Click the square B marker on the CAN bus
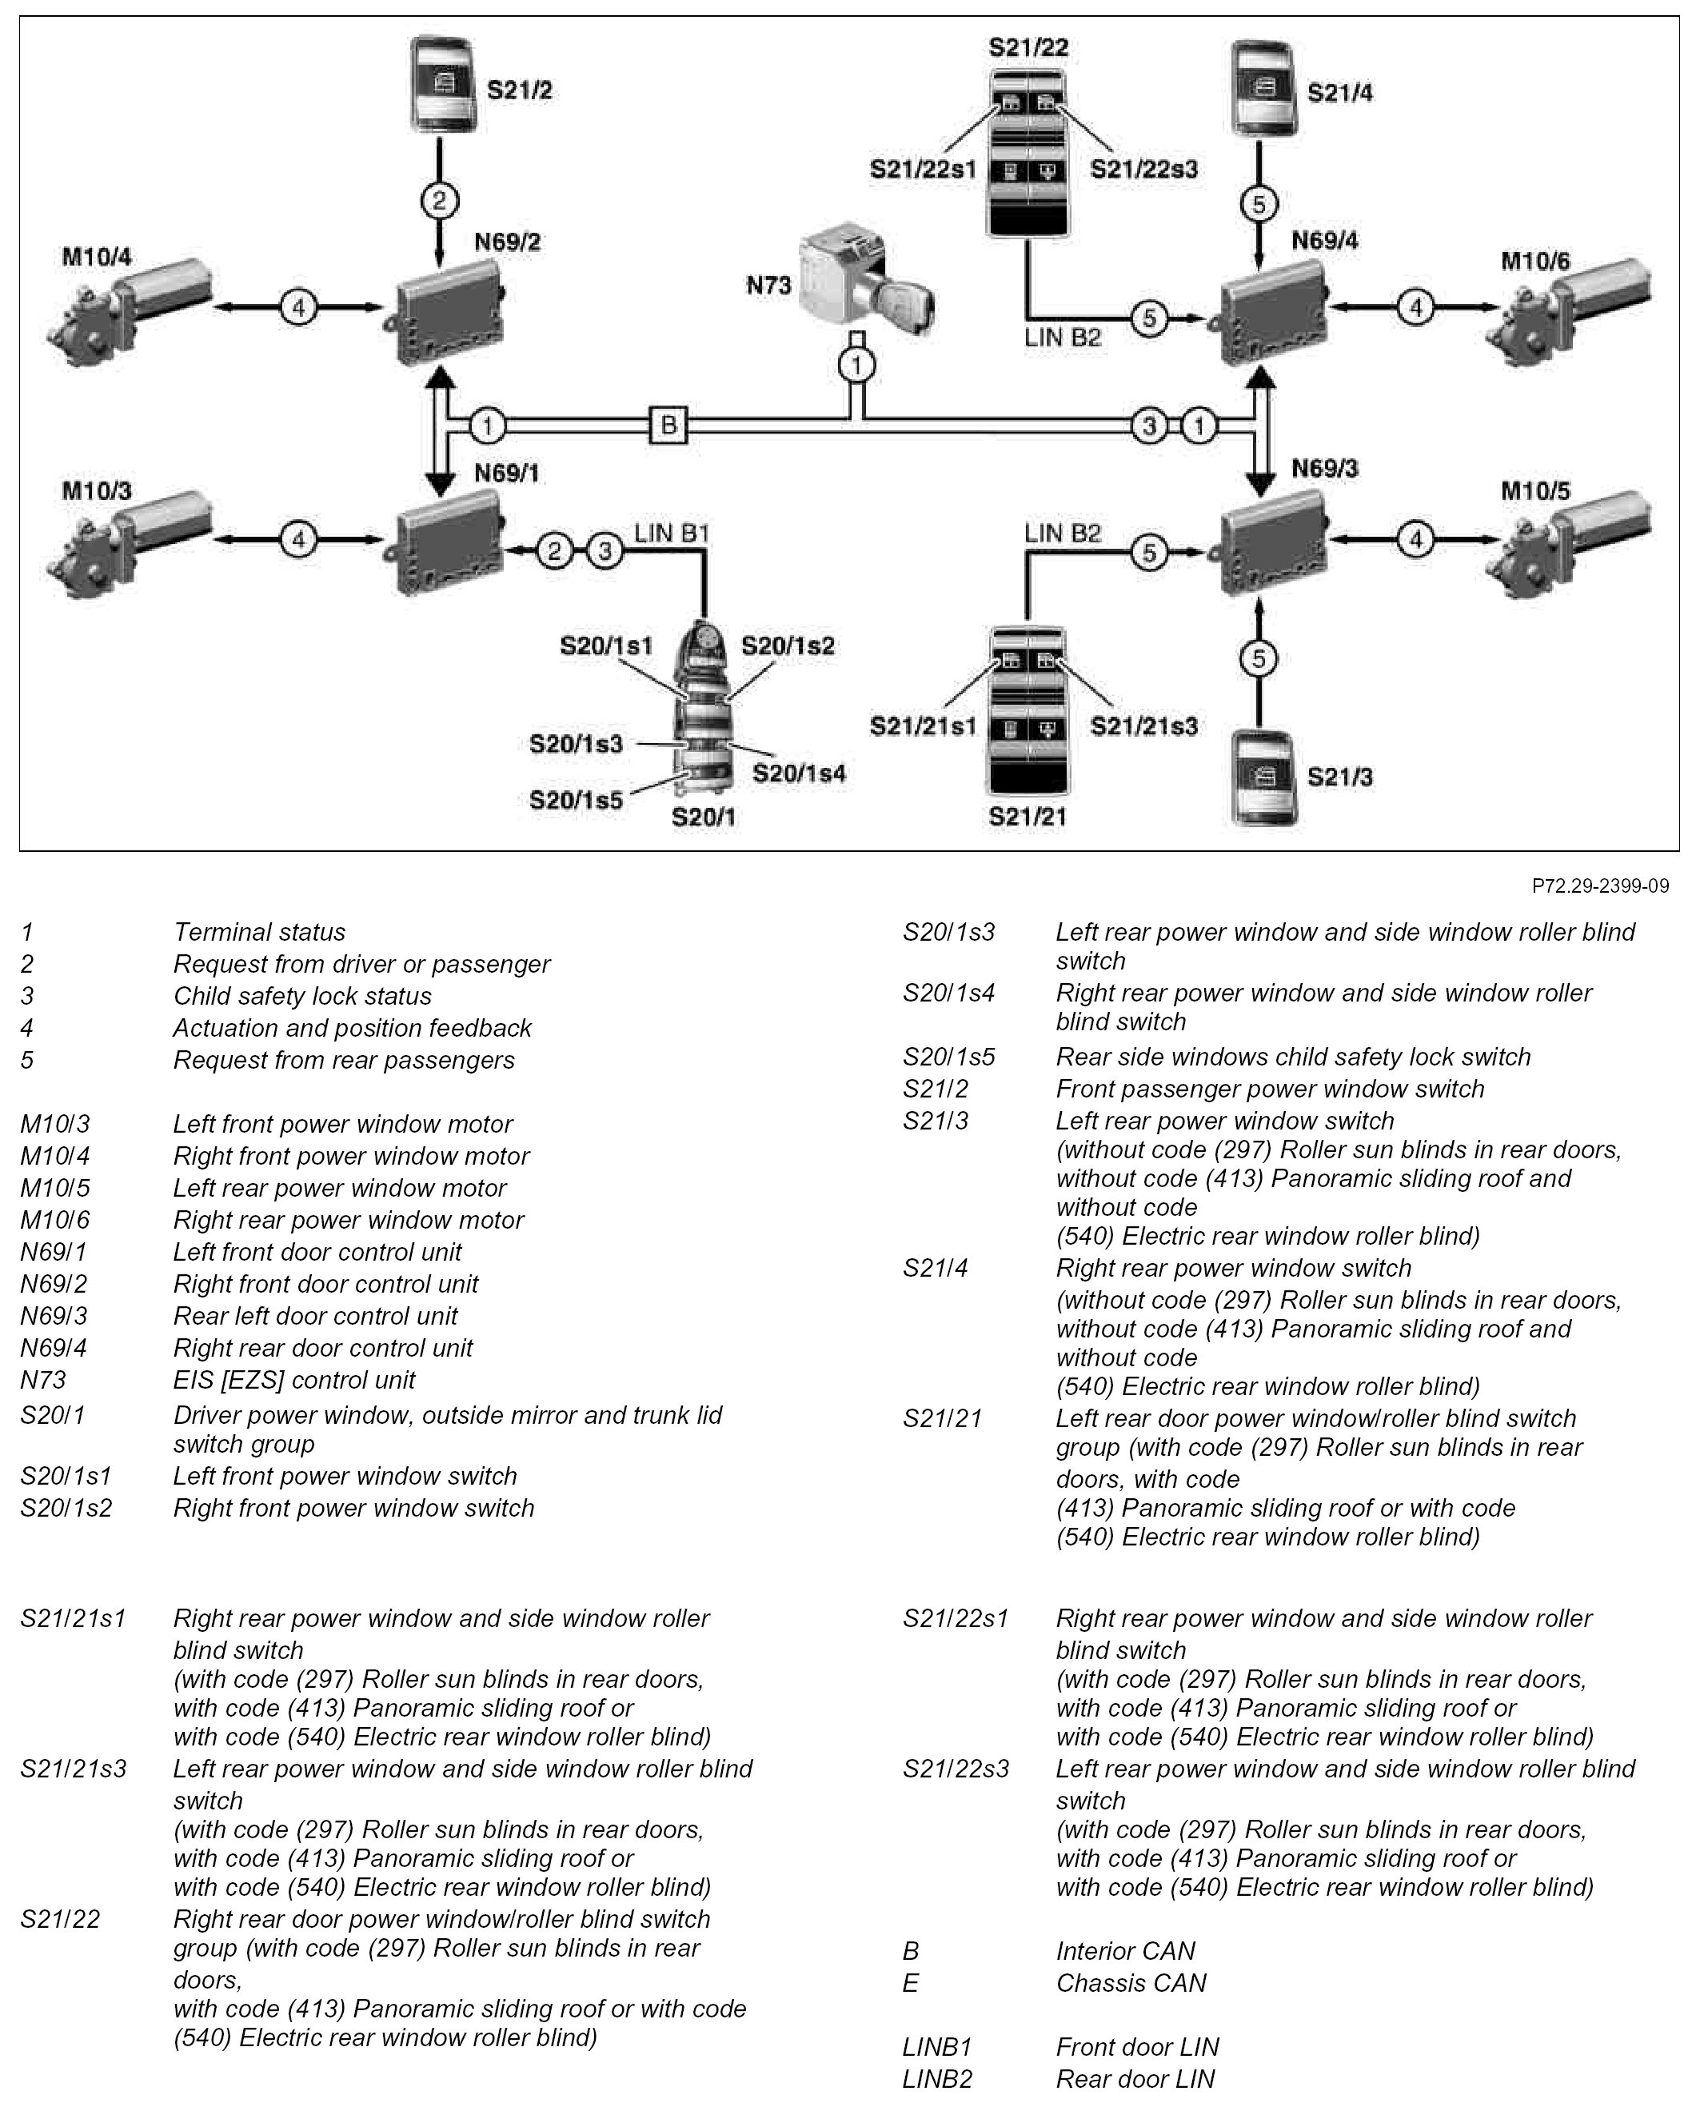coord(668,425)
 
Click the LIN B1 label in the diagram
coord(671,534)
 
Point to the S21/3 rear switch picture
coord(1264,776)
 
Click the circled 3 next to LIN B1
coord(605,551)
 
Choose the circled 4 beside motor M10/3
coord(298,538)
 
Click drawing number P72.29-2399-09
coord(1600,886)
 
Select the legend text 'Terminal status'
coord(259,932)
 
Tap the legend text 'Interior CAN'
coord(1125,1951)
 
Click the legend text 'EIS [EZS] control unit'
coord(294,1379)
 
